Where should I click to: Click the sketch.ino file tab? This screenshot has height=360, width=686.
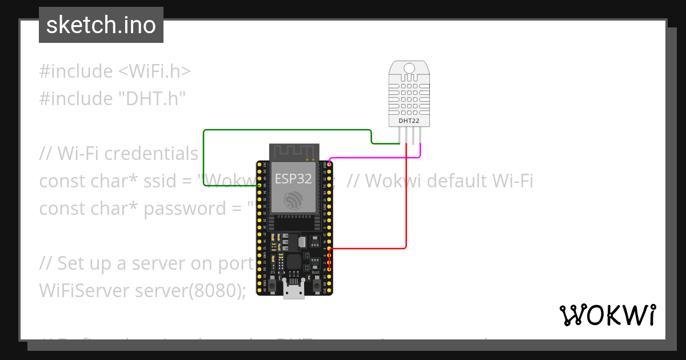tap(101, 25)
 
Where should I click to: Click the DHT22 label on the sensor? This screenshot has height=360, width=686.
tap(409, 121)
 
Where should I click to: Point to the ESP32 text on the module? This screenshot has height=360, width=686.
tap(293, 178)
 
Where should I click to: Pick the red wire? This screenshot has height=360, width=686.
tap(406, 200)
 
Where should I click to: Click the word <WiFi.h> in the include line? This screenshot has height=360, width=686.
tap(154, 71)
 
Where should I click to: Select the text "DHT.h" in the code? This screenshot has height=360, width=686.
tap(152, 99)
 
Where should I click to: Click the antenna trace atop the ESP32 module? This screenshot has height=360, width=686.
tap(294, 152)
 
